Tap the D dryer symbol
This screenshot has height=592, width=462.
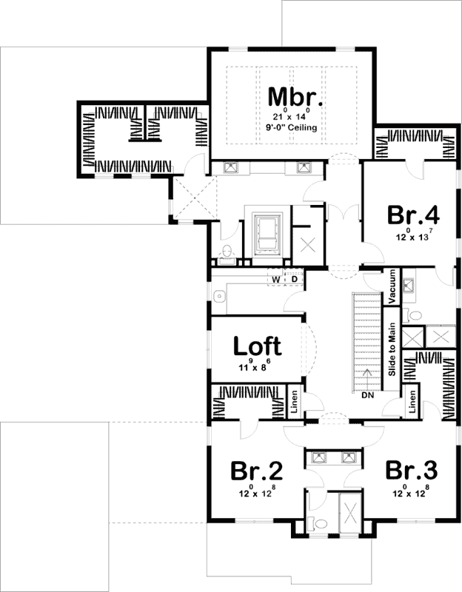coord(293,278)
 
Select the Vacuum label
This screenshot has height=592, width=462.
coord(392,284)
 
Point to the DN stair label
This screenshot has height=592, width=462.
coord(368,395)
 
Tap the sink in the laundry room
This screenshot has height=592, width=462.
coord(219,297)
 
